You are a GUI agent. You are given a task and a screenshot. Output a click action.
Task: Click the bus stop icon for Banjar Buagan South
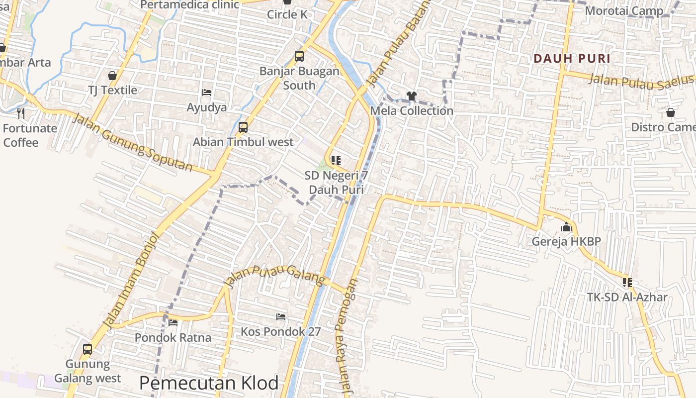[x=299, y=56]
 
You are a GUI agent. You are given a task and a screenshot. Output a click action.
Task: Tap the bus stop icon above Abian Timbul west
[x=243, y=127]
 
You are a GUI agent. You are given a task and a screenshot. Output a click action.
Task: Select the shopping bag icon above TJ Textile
[x=112, y=76]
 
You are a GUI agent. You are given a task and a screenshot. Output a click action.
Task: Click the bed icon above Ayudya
[x=207, y=93]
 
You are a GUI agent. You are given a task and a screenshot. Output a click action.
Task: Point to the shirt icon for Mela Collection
[x=411, y=96]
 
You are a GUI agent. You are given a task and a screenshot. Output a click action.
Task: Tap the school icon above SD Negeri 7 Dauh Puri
[x=336, y=161]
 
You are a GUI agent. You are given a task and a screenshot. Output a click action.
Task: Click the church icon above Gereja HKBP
[x=566, y=227]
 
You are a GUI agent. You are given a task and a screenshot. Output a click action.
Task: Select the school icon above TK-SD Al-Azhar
[x=627, y=283]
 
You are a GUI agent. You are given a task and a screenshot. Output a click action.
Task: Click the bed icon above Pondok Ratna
[x=173, y=323]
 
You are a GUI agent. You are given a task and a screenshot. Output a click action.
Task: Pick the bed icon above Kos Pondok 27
[x=281, y=317]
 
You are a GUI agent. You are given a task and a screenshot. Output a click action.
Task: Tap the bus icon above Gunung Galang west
[x=87, y=349]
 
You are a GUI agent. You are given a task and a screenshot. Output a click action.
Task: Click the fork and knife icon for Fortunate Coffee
[x=21, y=113]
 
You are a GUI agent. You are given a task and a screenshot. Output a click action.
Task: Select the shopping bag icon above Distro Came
[x=670, y=112]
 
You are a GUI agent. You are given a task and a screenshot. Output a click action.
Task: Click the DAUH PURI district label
[x=572, y=58]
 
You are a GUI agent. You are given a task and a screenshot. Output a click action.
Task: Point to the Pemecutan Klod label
[x=209, y=383]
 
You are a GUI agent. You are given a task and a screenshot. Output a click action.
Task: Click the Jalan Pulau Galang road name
[x=274, y=276]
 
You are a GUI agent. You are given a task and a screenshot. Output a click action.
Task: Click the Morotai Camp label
[x=624, y=10]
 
